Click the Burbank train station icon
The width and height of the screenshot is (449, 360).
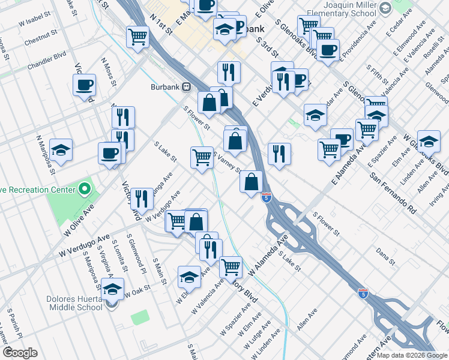(x=187, y=87)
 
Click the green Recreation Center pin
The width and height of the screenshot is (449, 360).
(x=85, y=190)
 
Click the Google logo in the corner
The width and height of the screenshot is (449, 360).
(x=20, y=352)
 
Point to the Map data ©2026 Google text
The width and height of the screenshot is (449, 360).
(x=412, y=355)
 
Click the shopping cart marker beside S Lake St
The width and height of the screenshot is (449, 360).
(x=202, y=157)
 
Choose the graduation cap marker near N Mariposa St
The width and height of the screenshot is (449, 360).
(x=61, y=150)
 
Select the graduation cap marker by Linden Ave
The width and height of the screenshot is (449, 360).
(x=429, y=141)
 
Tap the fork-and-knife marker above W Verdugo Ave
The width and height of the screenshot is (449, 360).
(x=141, y=197)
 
